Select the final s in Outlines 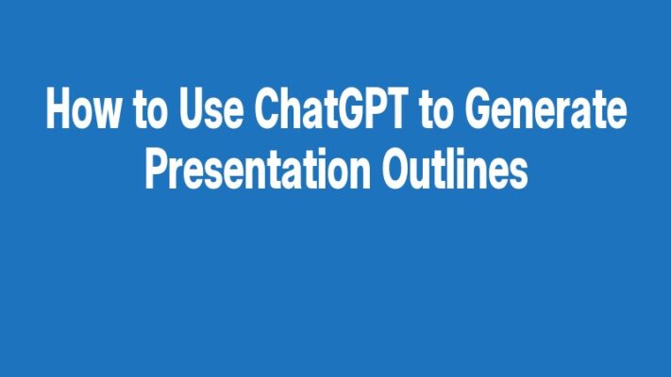pos(517,174)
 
